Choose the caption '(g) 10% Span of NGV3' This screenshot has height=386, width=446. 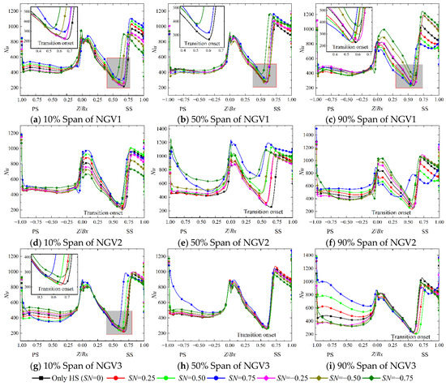point(74,367)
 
